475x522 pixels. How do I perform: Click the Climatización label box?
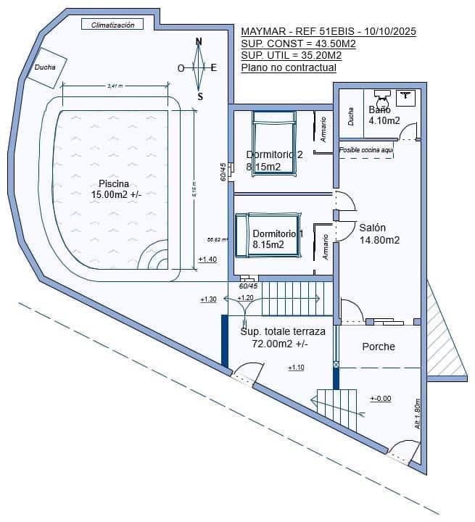(112, 25)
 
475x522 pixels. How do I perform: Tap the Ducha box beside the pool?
(46, 67)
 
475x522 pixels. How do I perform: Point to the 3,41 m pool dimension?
(115, 86)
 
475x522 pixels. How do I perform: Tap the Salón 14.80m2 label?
(379, 233)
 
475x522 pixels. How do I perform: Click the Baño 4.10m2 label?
(384, 115)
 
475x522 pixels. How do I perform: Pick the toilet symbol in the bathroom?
(383, 98)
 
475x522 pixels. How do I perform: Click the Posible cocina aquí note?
(366, 150)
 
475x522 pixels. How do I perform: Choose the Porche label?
(379, 347)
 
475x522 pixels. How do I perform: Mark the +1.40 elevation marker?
(207, 260)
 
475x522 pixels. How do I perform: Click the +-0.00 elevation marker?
(380, 399)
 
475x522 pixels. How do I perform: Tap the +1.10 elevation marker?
(296, 368)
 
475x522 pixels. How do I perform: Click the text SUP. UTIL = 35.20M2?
(291, 56)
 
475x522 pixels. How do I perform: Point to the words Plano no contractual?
(288, 67)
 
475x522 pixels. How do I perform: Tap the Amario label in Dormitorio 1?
(326, 246)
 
